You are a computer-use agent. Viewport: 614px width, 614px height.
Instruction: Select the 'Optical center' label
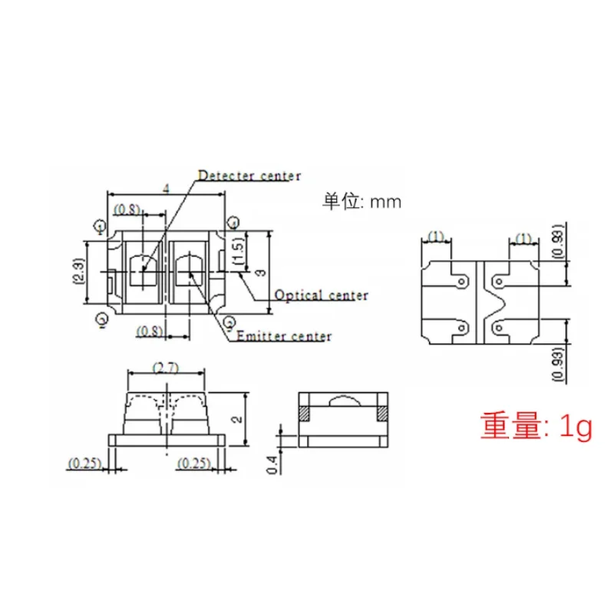tap(322, 295)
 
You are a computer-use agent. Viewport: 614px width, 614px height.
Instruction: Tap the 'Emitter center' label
tap(284, 336)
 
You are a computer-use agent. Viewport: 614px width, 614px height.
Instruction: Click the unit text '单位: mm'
tap(361, 202)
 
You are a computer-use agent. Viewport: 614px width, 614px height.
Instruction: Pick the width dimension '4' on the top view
tap(166, 187)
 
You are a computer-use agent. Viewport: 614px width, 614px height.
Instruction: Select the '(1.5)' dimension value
tap(240, 250)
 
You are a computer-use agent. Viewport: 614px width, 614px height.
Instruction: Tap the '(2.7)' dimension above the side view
tap(166, 368)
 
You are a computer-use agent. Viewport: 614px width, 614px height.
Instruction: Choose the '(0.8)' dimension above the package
tap(127, 208)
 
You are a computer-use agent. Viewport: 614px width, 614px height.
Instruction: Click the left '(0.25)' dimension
tap(84, 463)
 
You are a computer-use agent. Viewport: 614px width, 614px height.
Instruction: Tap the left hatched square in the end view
tap(304, 413)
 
